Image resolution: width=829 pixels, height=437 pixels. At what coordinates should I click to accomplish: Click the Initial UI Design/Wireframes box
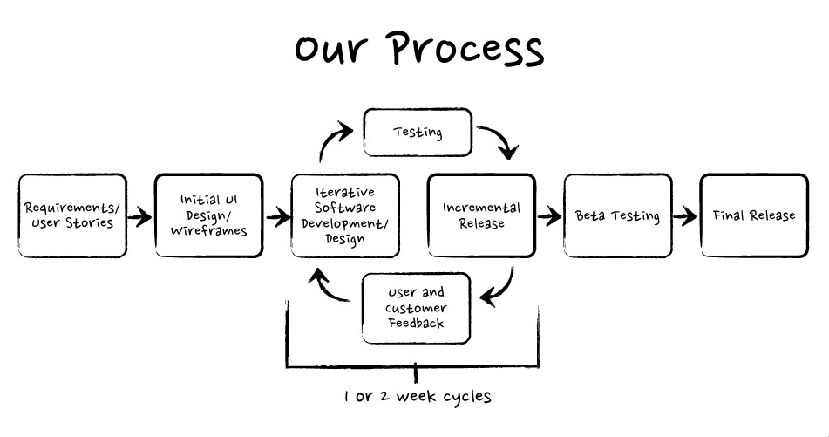coord(208,215)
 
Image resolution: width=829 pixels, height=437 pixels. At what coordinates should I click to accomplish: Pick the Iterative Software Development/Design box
coord(345,215)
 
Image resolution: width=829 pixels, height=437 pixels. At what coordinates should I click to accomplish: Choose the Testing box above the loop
coord(418,133)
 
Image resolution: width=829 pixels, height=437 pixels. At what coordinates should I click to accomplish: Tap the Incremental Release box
coord(482,215)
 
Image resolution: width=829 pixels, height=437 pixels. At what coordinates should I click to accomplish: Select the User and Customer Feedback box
coord(417,308)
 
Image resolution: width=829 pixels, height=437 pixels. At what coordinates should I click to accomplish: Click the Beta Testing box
coord(617,215)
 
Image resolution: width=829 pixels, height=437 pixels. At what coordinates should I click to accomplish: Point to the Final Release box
coord(754,215)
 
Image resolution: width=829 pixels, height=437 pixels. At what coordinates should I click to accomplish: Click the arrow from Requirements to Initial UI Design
coord(138,216)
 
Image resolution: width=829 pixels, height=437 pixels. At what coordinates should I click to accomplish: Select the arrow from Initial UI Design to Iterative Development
coord(277,216)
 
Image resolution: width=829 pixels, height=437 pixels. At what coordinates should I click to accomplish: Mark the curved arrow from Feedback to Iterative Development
coord(331,288)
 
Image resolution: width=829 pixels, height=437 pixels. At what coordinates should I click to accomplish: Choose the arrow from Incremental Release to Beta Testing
coord(549,216)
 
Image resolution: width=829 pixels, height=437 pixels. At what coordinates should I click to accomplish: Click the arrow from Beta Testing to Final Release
coord(686,216)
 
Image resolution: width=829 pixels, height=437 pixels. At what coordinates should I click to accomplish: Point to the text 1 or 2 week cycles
coord(418,397)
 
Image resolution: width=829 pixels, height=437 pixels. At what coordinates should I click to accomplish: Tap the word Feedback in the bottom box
coord(417,323)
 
